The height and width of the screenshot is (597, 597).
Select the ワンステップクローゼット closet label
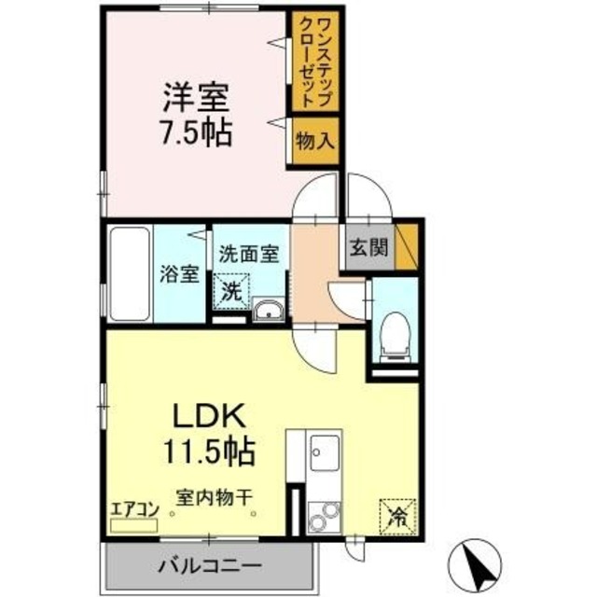(x=312, y=61)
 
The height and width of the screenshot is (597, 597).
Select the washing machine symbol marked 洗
(x=231, y=289)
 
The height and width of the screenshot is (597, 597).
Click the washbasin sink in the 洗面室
(x=269, y=311)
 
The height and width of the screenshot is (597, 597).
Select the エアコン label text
(x=135, y=508)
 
